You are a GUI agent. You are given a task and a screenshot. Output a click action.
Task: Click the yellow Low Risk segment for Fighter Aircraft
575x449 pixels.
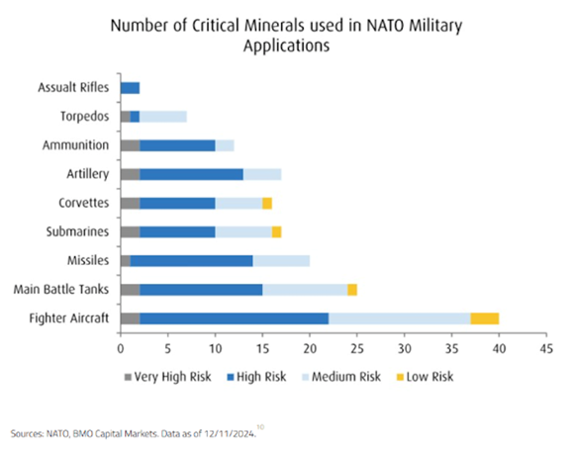[x=484, y=318]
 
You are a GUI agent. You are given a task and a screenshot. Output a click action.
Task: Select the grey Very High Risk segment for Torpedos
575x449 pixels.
[x=126, y=117]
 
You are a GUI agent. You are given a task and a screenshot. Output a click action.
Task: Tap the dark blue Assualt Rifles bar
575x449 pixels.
[x=131, y=88]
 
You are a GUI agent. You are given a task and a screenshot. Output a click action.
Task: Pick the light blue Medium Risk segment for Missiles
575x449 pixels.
[x=281, y=261]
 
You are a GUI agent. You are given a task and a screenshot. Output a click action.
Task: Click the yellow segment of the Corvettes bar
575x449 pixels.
[x=267, y=203]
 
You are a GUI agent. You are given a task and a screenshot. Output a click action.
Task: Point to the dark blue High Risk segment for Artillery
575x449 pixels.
[x=191, y=174]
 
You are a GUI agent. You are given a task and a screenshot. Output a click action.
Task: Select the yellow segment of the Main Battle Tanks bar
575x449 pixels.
[x=352, y=290]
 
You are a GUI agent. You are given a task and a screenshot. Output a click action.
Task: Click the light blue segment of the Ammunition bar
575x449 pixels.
[x=225, y=145]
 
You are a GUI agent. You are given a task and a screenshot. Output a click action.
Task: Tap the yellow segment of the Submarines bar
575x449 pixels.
[x=276, y=232]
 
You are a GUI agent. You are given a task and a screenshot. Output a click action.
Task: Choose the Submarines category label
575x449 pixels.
[x=77, y=231]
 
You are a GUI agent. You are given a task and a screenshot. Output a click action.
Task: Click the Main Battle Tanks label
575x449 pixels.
[x=61, y=289]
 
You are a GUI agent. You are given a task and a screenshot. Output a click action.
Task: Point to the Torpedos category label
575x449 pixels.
[x=85, y=117]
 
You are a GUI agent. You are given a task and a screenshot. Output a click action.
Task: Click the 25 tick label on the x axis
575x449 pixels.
[x=357, y=348]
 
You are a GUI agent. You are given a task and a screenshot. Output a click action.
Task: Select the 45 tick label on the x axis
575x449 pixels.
[x=546, y=348]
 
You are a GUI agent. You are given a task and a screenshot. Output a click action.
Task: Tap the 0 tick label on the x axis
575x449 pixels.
[x=121, y=348]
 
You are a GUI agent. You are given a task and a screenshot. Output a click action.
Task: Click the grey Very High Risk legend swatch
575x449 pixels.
[x=128, y=377]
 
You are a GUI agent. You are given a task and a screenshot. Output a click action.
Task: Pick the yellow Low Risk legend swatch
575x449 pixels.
[x=400, y=377]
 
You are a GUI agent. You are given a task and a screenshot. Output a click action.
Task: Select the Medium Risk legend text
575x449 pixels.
[x=346, y=377]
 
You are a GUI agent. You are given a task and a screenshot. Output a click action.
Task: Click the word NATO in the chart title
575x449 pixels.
[x=383, y=26]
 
